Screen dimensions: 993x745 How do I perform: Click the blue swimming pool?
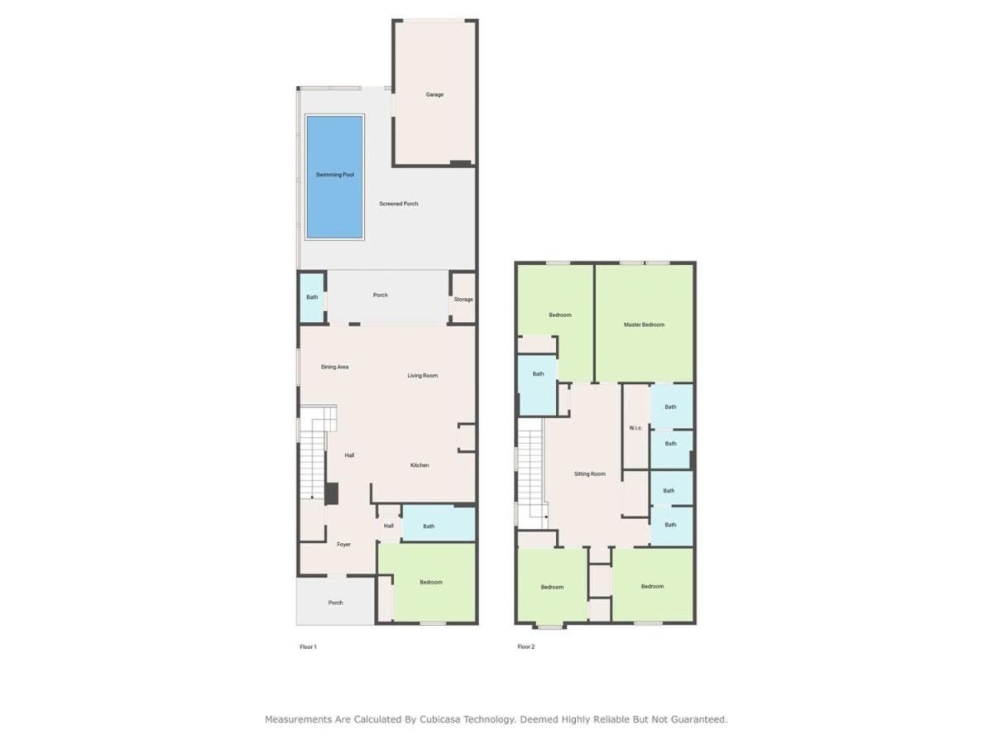click(x=335, y=177)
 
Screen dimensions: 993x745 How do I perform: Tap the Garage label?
click(x=434, y=94)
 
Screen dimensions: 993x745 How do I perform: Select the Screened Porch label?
click(x=398, y=204)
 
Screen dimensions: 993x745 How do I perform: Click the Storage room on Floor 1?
click(x=463, y=299)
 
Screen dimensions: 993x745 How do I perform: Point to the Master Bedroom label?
click(x=644, y=324)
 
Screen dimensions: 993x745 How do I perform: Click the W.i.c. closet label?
click(x=636, y=428)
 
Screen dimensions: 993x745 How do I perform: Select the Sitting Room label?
click(x=589, y=474)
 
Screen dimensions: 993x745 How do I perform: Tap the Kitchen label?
click(x=420, y=465)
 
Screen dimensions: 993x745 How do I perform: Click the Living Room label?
click(x=422, y=376)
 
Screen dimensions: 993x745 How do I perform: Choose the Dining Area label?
click(x=335, y=367)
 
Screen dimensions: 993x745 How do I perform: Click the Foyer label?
click(x=343, y=545)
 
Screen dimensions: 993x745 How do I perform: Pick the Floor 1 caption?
click(x=308, y=646)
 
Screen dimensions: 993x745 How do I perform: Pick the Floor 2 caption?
click(x=525, y=646)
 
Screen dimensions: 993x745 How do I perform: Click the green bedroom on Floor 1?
click(x=429, y=583)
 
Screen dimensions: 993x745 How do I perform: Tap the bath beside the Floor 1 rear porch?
click(x=312, y=297)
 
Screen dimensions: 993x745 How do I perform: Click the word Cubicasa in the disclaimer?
click(x=439, y=719)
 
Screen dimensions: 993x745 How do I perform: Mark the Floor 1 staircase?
click(x=313, y=452)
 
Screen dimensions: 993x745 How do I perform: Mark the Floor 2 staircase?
click(x=530, y=473)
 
